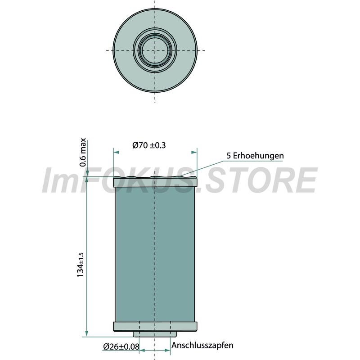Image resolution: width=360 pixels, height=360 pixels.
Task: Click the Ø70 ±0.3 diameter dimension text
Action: click(149, 145)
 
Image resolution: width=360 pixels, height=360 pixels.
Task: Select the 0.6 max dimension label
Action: click(83, 152)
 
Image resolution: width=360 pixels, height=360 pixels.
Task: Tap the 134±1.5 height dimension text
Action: click(81, 265)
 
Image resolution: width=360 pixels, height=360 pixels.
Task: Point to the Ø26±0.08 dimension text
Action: click(121, 346)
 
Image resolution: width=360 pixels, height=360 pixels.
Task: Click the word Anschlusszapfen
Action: click(202, 345)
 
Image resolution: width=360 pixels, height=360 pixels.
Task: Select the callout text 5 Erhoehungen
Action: click(255, 156)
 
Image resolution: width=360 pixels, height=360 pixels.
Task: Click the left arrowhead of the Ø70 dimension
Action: click(117, 152)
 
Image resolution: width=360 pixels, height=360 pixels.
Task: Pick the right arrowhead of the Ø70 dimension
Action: click(194, 152)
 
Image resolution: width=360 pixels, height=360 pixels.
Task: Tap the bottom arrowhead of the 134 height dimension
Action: click(87, 333)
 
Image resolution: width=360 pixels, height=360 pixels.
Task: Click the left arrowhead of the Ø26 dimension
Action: click(142, 351)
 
